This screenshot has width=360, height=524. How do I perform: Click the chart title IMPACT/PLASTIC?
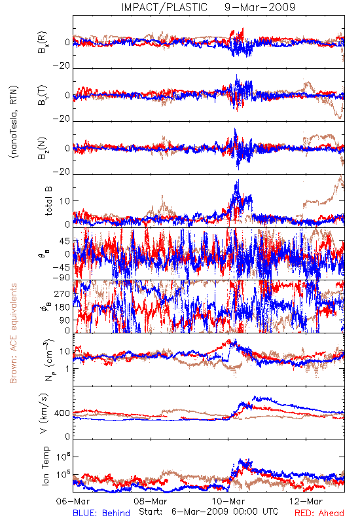(x=164, y=7)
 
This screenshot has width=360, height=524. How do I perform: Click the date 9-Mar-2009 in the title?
(x=260, y=7)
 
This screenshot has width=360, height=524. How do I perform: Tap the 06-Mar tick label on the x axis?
(x=73, y=501)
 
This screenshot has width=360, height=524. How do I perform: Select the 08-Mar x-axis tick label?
(x=151, y=501)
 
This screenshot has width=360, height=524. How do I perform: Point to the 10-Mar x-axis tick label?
(x=228, y=501)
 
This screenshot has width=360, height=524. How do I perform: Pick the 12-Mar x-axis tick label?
(x=306, y=501)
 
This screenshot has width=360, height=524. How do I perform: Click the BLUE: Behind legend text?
(x=101, y=513)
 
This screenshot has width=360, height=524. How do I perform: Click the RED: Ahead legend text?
(x=319, y=513)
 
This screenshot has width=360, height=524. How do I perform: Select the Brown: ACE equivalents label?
(x=13, y=333)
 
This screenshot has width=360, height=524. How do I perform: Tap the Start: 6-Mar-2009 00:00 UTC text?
(x=209, y=512)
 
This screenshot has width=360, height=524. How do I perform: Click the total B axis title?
(x=48, y=201)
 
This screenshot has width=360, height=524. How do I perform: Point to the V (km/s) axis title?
(x=44, y=413)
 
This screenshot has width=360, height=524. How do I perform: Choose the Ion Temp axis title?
(x=45, y=466)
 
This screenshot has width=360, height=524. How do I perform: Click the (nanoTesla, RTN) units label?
(x=14, y=122)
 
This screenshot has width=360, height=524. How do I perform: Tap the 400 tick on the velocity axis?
(x=62, y=413)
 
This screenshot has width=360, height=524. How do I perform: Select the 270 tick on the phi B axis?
(x=62, y=294)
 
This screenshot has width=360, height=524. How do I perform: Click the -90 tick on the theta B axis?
(x=62, y=277)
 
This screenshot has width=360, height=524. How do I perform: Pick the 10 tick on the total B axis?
(x=65, y=201)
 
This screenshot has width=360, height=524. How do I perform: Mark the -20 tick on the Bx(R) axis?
(x=62, y=66)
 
